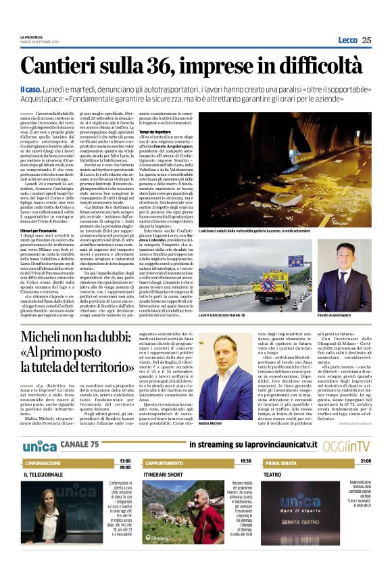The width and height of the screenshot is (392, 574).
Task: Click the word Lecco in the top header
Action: coord(347,40)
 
